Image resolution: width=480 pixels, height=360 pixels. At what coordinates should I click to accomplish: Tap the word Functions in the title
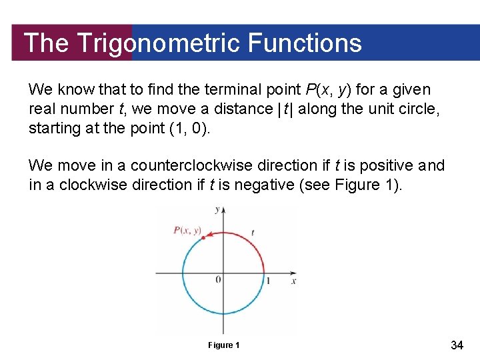coord(305,43)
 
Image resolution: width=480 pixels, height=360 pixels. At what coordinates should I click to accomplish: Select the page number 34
coord(457,345)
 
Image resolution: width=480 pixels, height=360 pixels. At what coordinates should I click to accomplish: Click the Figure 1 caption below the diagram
coord(223,345)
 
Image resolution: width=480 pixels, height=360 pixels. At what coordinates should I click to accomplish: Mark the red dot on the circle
coord(202,238)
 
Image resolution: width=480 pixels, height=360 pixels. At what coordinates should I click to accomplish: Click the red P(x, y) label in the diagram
coord(187,230)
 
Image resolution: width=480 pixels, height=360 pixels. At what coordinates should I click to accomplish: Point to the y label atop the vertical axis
coord(217,209)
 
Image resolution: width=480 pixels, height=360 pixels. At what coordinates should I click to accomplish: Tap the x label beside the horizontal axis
coord(293,281)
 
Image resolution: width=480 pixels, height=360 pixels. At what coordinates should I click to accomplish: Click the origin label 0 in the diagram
coord(218,279)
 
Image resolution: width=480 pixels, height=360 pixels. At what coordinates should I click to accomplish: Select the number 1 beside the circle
coord(269,281)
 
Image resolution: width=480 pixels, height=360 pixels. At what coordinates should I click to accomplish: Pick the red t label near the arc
coord(253,232)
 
